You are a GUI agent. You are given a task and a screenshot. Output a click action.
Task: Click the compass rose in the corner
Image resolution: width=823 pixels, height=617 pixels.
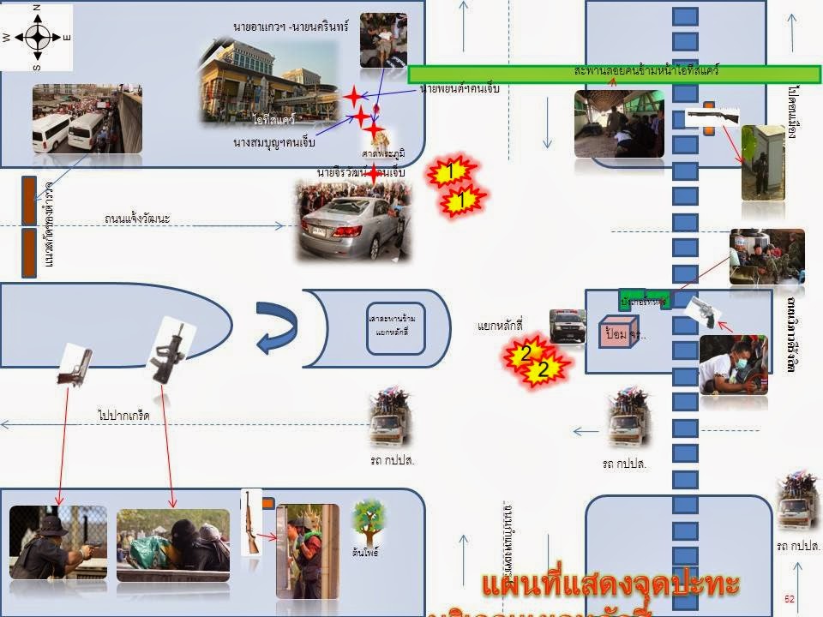click(x=38, y=37)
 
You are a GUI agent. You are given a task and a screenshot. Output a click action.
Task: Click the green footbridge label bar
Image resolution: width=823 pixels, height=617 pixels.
click(x=615, y=74)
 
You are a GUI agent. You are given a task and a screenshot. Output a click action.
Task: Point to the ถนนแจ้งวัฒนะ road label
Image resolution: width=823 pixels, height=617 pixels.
click(x=137, y=219)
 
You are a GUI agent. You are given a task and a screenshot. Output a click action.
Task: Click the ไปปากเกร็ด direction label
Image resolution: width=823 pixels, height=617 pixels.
click(x=124, y=416)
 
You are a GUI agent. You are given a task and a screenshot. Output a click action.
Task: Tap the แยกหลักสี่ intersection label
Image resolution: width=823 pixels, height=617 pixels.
click(x=501, y=326)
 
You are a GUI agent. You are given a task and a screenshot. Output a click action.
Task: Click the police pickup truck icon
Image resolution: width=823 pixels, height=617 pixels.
click(x=568, y=326)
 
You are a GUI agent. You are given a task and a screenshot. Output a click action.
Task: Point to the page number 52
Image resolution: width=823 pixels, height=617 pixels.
click(x=790, y=598)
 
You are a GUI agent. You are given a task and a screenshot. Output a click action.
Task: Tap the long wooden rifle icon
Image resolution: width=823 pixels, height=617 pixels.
click(x=250, y=521)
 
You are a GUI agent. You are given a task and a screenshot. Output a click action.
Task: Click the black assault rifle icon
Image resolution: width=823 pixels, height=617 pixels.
click(x=166, y=348)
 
